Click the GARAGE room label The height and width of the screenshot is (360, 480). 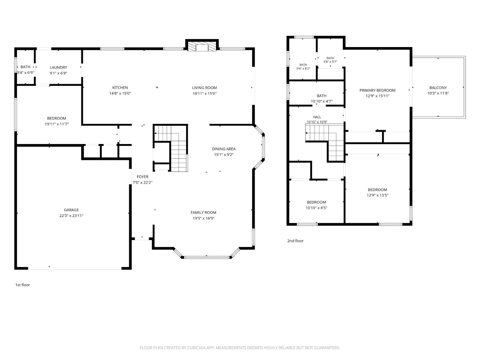71,210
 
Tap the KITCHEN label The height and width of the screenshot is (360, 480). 120,88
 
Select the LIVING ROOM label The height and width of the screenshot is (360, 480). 204,88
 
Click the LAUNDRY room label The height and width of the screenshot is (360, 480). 58,68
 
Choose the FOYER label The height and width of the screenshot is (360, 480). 143,177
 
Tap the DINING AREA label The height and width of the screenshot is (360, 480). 224,149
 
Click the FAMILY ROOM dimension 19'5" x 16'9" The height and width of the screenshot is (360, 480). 204,218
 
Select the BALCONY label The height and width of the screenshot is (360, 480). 438,88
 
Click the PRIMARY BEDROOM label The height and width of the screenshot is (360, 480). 377,90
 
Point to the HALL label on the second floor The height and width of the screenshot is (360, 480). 317,117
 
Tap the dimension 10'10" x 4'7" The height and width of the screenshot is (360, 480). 322,101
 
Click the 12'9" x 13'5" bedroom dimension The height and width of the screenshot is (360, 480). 377,195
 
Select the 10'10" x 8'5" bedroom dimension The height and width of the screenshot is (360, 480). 316,208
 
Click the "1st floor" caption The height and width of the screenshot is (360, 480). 22,285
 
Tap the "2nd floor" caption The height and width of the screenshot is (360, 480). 295,241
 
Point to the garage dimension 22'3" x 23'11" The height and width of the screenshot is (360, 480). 71,215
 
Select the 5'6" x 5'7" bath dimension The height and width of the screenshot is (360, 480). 330,62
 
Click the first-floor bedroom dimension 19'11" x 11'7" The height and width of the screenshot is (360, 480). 57,124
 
